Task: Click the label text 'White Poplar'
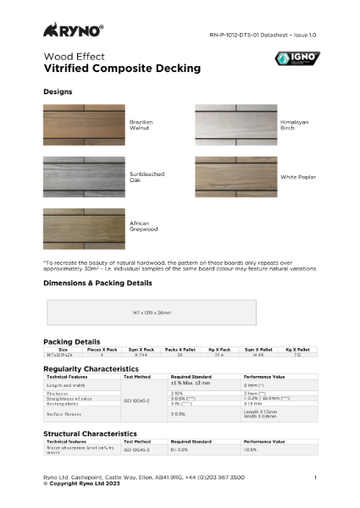[x=297, y=177]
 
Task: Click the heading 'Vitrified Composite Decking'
[x=122, y=68]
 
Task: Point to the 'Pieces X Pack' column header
[x=101, y=349]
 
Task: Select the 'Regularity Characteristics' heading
[x=91, y=369]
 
